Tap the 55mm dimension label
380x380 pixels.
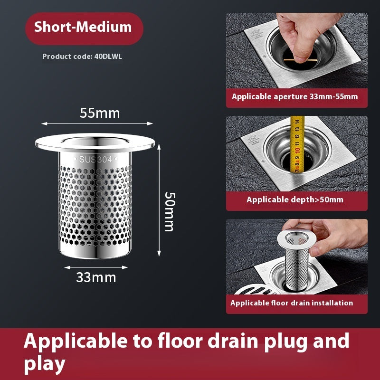pyautogui.click(x=100, y=114)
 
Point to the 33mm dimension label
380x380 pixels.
pyautogui.click(x=96, y=277)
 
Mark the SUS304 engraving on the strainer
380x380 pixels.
pyautogui.click(x=96, y=160)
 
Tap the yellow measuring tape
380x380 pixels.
pyautogui.click(x=297, y=142)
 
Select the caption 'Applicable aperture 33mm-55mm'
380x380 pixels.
pyautogui.click(x=295, y=97)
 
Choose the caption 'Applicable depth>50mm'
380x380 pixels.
pyautogui.click(x=295, y=199)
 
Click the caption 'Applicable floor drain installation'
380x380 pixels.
pyautogui.click(x=292, y=303)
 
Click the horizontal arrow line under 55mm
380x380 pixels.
pyautogui.click(x=97, y=124)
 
